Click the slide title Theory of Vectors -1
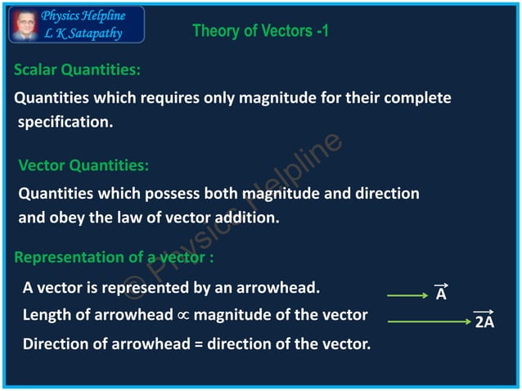pyautogui.click(x=260, y=31)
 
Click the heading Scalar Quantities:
pyautogui.click(x=77, y=70)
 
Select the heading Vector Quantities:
pyautogui.click(x=83, y=165)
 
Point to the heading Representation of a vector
pyautogui.click(x=114, y=257)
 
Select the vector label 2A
pyautogui.click(x=484, y=321)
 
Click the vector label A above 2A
pyautogui.click(x=441, y=294)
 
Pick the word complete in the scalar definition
pyautogui.click(x=416, y=98)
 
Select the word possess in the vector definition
pyautogui.click(x=174, y=194)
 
